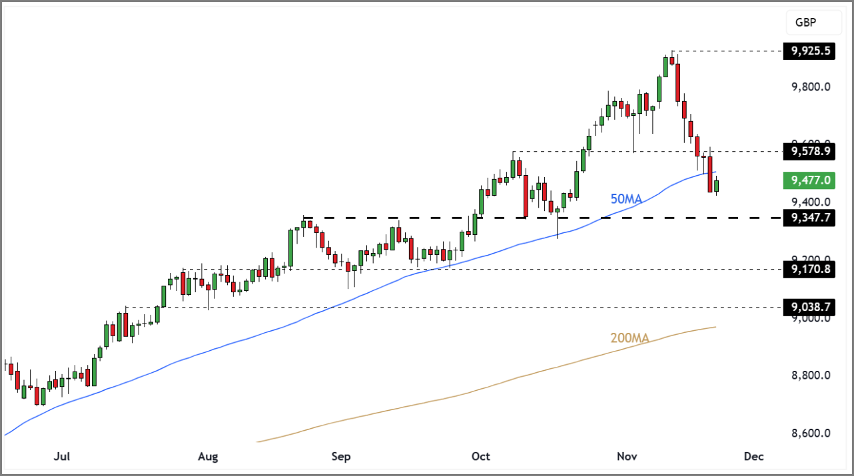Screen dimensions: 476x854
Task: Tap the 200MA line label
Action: (x=630, y=338)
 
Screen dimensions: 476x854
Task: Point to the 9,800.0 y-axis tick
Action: (x=810, y=87)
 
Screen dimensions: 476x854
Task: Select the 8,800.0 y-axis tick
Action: (x=810, y=375)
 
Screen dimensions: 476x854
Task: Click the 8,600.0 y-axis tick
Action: (x=810, y=433)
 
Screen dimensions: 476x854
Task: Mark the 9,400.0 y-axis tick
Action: (x=810, y=202)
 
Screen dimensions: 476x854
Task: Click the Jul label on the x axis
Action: (x=62, y=457)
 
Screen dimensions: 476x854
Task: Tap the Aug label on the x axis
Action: (x=209, y=457)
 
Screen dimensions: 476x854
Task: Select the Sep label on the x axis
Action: (x=340, y=457)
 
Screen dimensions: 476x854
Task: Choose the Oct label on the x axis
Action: (x=480, y=457)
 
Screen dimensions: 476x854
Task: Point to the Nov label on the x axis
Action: (x=627, y=457)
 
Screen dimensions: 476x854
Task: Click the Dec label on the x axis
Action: (x=753, y=457)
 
